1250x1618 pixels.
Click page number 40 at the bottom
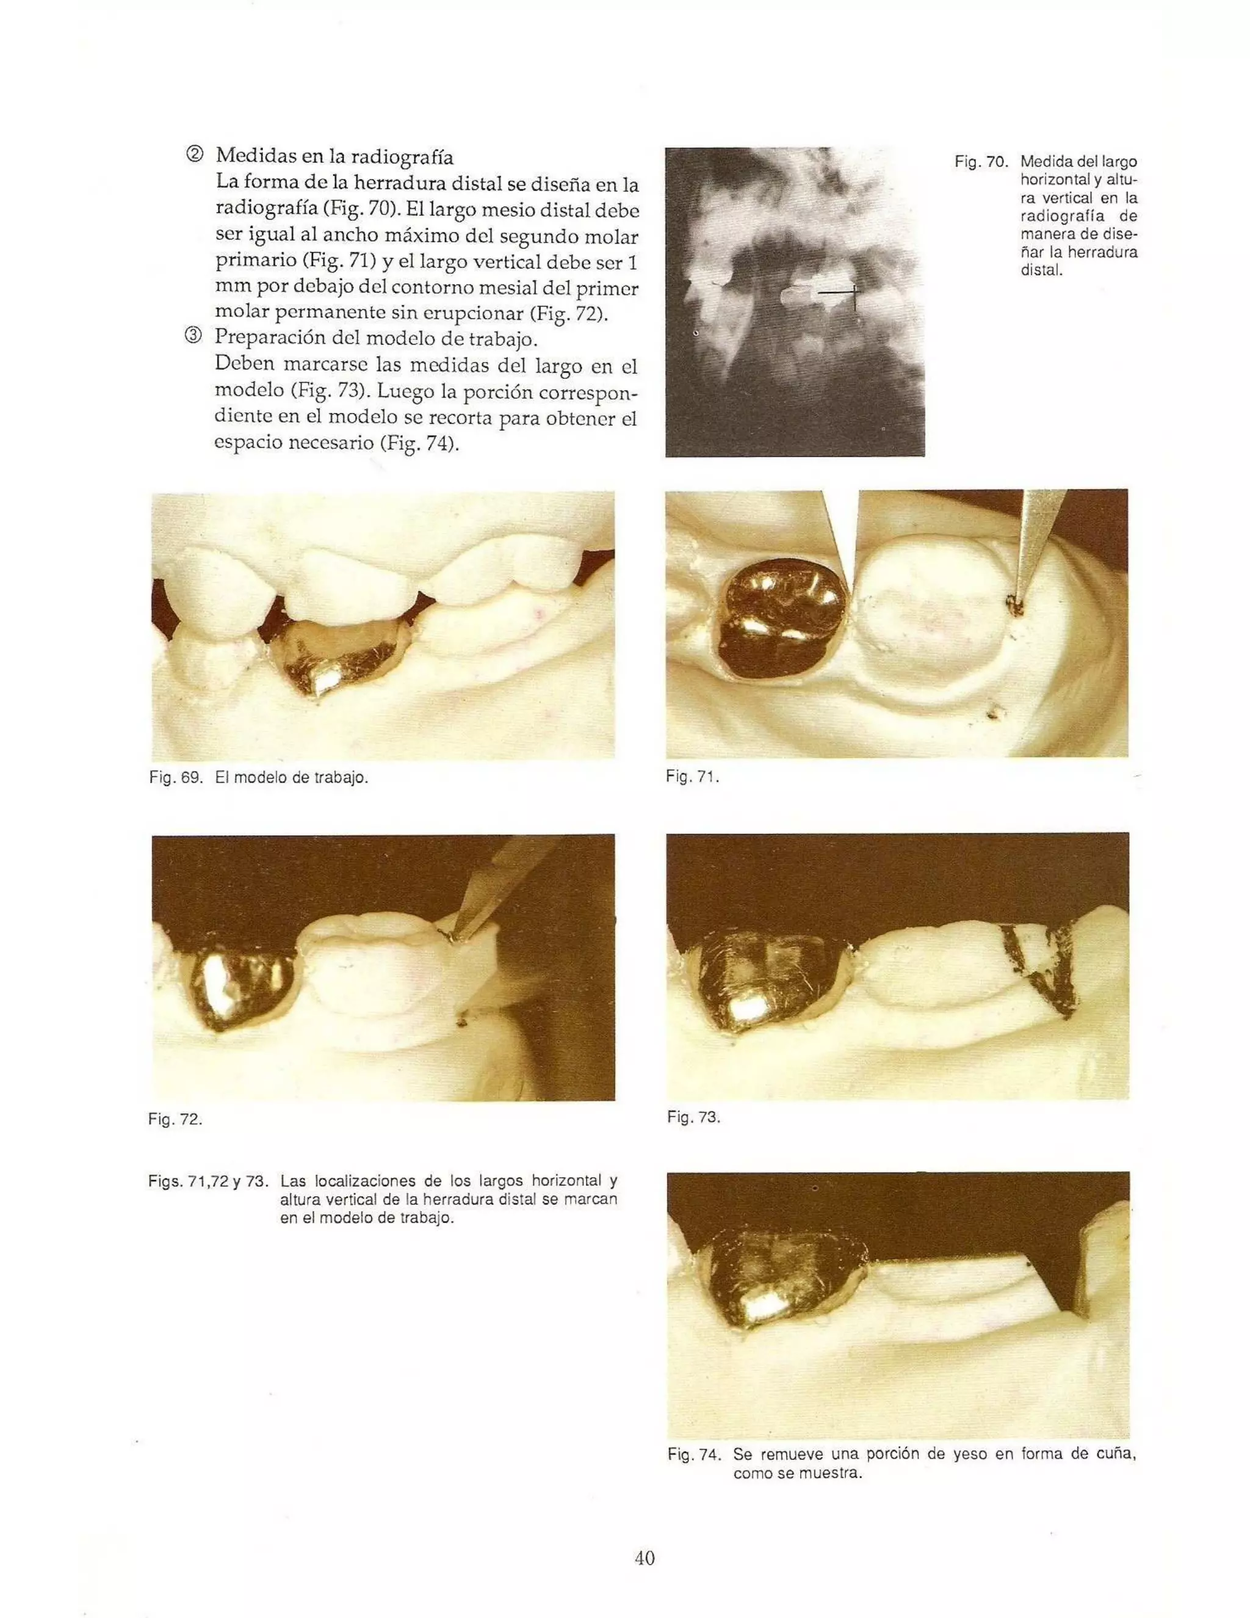[x=645, y=1558]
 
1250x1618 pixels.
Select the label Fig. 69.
[x=176, y=778]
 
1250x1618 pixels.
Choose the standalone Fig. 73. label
[x=693, y=1117]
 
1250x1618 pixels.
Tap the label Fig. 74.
[x=694, y=1454]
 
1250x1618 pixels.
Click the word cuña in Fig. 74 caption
[x=1115, y=1454]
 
